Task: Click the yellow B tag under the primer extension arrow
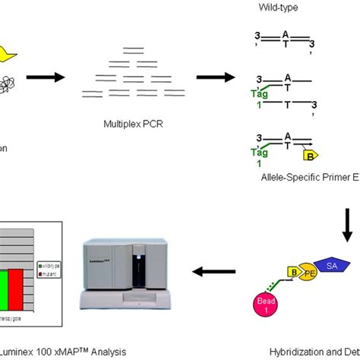point(311,156)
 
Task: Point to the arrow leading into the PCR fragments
point(45,77)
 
